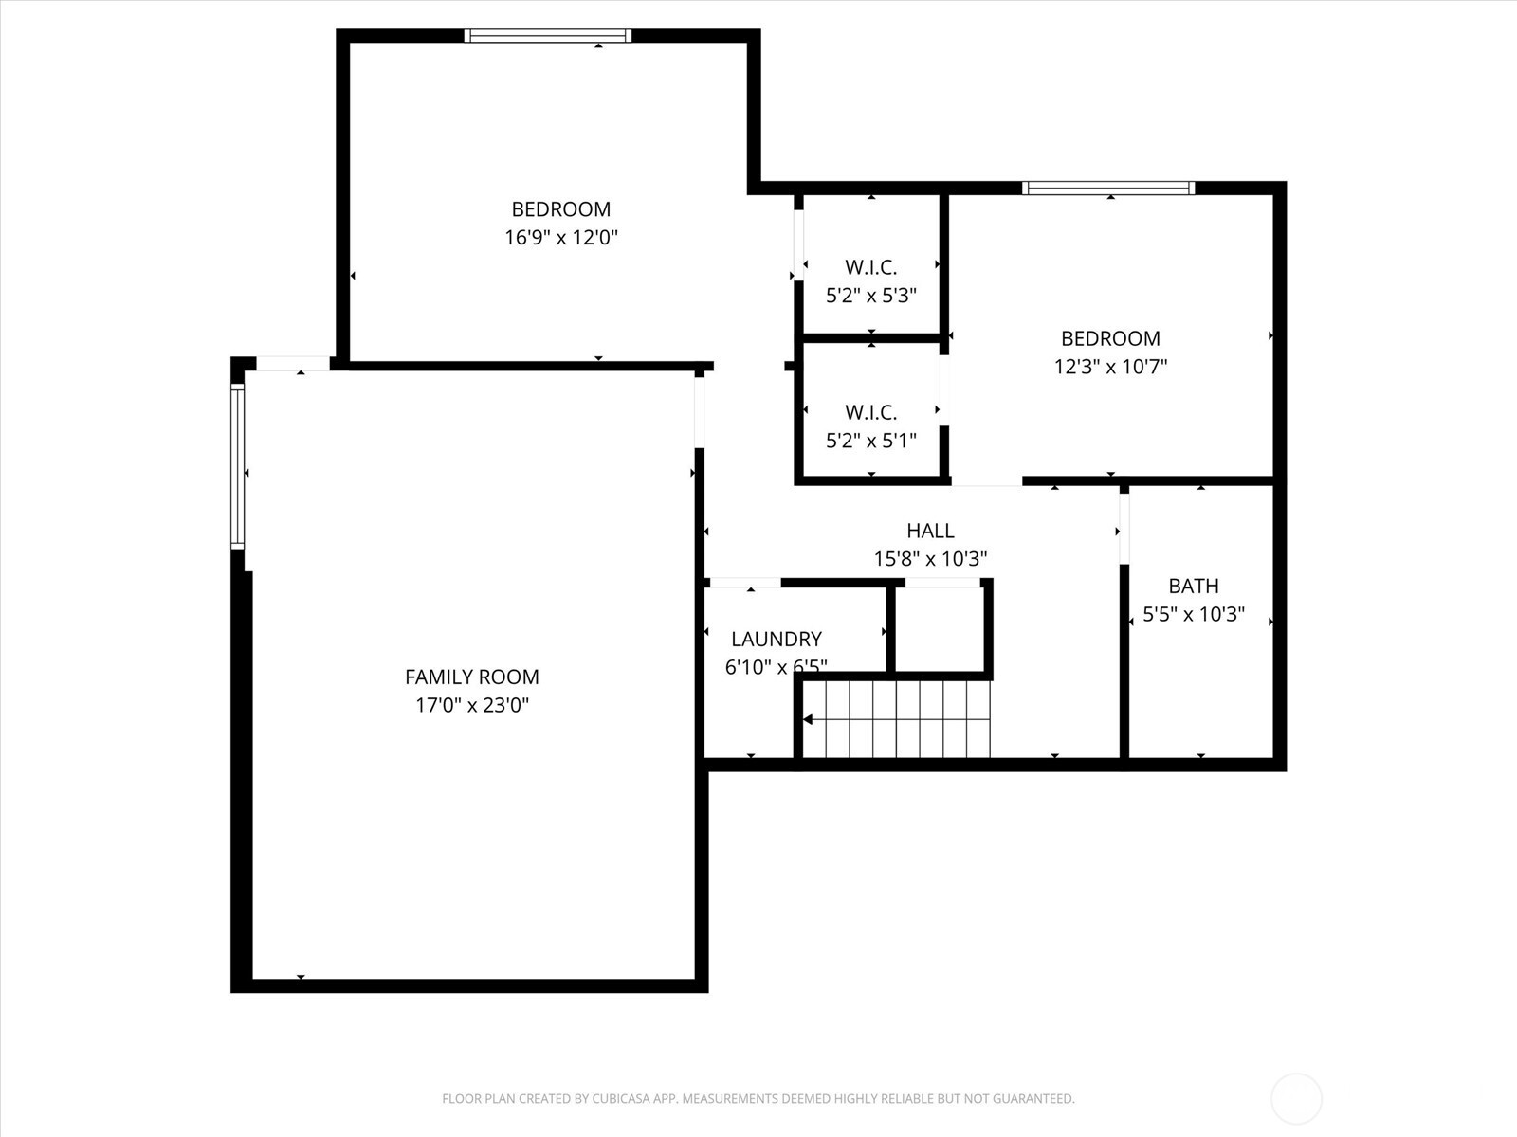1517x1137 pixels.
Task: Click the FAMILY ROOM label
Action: pyautogui.click(x=471, y=677)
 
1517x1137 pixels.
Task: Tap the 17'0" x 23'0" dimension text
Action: pyautogui.click(x=471, y=705)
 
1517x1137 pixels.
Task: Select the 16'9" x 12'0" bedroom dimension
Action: pyautogui.click(x=560, y=237)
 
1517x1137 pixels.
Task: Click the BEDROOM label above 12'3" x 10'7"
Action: pyautogui.click(x=1110, y=338)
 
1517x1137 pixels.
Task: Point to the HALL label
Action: pyautogui.click(x=930, y=531)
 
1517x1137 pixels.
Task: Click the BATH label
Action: pyautogui.click(x=1193, y=586)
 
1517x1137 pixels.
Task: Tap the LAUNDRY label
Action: pyautogui.click(x=776, y=639)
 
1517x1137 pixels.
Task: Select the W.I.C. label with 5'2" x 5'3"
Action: pyautogui.click(x=870, y=267)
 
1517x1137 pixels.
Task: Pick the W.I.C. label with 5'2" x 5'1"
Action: pyautogui.click(x=870, y=412)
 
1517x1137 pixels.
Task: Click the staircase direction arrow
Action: pyautogui.click(x=808, y=720)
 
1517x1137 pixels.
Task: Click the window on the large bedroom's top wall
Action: pyautogui.click(x=547, y=36)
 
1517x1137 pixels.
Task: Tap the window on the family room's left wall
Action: pyautogui.click(x=237, y=465)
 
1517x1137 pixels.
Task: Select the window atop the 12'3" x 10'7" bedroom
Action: pyautogui.click(x=1107, y=188)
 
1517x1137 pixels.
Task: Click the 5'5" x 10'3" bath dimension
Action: pyautogui.click(x=1193, y=614)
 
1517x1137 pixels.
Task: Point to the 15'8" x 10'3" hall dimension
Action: pyautogui.click(x=930, y=559)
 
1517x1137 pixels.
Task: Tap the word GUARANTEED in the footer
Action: pyautogui.click(x=1034, y=1099)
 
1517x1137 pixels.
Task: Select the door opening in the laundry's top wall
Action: pyautogui.click(x=744, y=583)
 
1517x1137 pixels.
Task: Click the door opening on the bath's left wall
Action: pyautogui.click(x=1124, y=529)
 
